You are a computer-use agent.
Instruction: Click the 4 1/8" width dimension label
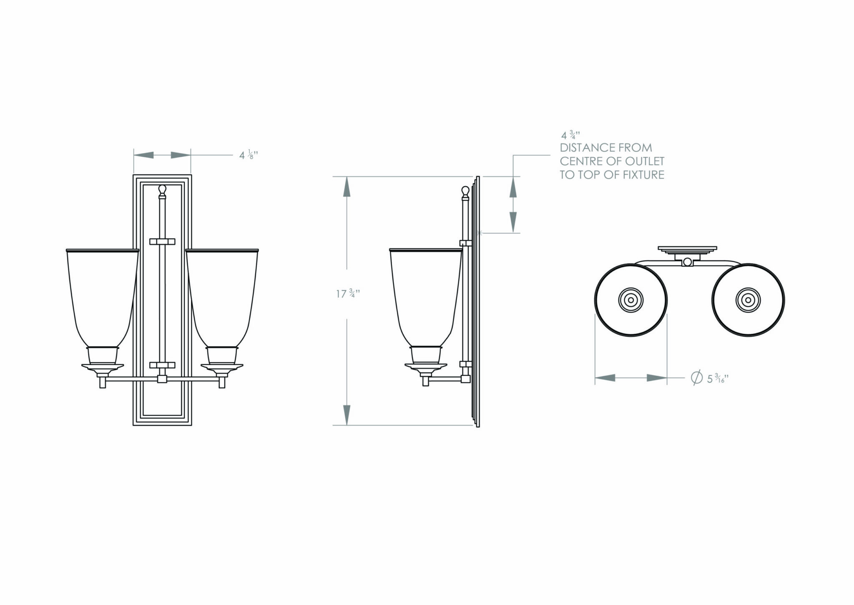tap(249, 155)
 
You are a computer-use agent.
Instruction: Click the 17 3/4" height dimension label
tap(348, 294)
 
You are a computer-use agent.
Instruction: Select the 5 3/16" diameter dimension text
tap(717, 378)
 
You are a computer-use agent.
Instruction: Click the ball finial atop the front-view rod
tap(162, 191)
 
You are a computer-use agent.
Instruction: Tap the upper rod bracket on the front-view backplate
tap(162, 242)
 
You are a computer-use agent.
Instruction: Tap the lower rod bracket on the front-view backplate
tap(162, 365)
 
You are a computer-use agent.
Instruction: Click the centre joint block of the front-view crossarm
tap(162, 379)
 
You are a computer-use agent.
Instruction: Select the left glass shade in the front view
tap(103, 296)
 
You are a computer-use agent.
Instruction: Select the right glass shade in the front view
tap(222, 296)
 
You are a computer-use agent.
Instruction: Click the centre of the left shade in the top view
tap(630, 300)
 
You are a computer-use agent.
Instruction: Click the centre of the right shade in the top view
tap(749, 300)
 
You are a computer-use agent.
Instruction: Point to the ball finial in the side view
tap(465, 192)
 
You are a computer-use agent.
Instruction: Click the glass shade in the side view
tap(425, 296)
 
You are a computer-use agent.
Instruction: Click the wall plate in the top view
tap(687, 250)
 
